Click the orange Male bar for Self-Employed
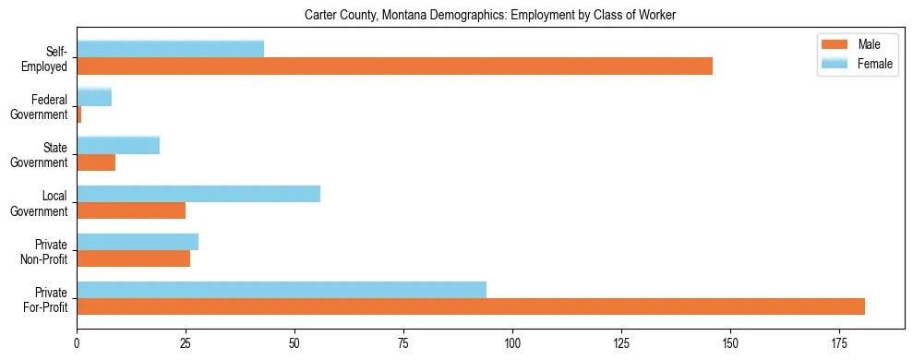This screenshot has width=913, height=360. [x=394, y=66]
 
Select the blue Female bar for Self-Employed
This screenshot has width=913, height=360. [x=170, y=49]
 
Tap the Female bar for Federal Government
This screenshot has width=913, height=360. [x=94, y=97]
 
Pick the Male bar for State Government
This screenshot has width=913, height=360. [x=96, y=162]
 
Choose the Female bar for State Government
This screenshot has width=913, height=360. [x=118, y=145]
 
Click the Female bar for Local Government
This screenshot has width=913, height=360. [x=198, y=193]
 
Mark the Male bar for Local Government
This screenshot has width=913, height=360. [x=131, y=210]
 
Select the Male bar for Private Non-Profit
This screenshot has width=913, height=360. [x=133, y=258]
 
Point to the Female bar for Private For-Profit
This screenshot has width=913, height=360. [x=282, y=289]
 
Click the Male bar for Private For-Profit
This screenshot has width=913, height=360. [x=471, y=306]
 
